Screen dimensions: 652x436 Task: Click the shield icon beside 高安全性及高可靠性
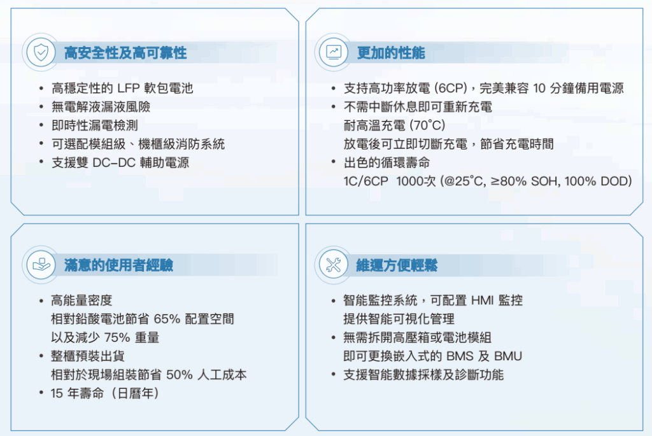coord(41,53)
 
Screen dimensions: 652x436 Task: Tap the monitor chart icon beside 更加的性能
coord(334,52)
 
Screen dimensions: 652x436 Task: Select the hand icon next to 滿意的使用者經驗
coord(41,264)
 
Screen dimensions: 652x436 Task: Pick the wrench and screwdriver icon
coord(334,265)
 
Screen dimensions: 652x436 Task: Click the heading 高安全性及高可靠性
coord(125,53)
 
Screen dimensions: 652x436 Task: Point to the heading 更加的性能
coord(391,53)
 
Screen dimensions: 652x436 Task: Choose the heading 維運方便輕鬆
coord(397,265)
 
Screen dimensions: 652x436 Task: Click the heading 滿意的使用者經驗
coord(118,265)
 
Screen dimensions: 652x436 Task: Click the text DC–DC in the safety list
coord(114,162)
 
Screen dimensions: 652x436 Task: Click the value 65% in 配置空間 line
coord(167,319)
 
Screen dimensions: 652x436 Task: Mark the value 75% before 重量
coord(117,337)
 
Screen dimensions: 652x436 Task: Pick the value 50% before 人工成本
coord(179,375)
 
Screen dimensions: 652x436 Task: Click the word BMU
coord(507,356)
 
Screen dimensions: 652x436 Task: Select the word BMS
coord(460,356)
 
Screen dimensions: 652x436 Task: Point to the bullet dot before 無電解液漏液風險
coord(41,107)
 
